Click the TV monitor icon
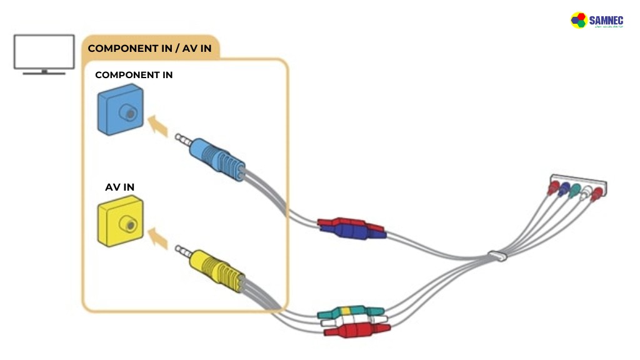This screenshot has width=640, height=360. click(44, 52)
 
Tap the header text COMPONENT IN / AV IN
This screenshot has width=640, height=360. click(149, 48)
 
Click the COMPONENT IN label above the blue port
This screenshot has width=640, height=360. click(134, 75)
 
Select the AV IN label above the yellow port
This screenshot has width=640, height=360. click(119, 186)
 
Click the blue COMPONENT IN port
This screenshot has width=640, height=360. click(121, 112)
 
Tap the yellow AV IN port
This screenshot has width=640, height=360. click(121, 221)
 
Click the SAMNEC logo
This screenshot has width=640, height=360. click(601, 21)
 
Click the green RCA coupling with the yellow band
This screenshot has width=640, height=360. click(350, 311)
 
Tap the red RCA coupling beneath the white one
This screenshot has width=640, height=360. click(354, 331)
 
